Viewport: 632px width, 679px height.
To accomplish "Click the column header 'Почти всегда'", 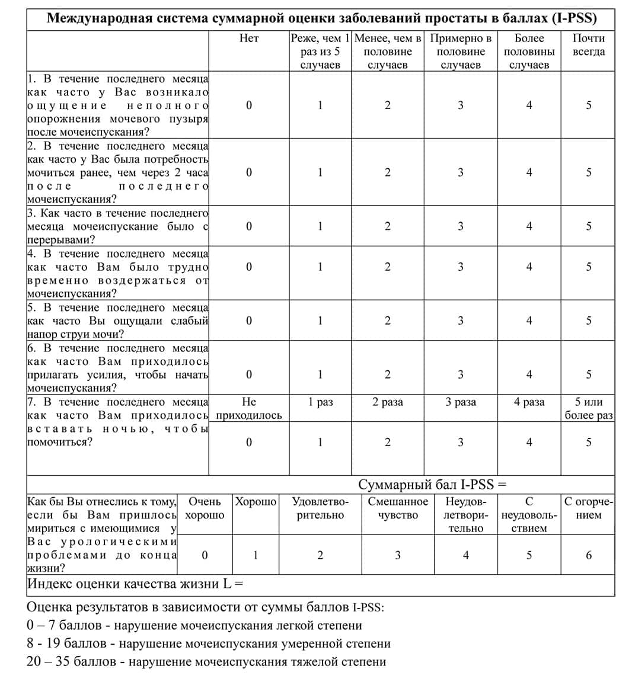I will click(588, 45).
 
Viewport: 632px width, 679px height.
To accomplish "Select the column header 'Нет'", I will click(249, 39).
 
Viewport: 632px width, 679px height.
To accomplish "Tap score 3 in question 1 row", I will click(461, 105).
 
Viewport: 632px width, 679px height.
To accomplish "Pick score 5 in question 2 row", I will click(589, 172).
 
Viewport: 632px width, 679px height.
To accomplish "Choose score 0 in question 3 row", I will click(249, 226).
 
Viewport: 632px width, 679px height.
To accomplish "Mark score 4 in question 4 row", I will click(529, 267).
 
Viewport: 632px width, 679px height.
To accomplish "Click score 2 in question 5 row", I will click(387, 321).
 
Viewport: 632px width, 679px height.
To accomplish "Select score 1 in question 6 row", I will click(320, 374).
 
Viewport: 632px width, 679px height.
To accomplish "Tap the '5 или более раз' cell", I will click(588, 409).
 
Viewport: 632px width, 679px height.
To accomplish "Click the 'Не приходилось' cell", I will click(249, 409).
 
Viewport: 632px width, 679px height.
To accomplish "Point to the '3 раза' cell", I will click(461, 402).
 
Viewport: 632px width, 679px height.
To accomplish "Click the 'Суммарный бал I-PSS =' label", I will click(432, 484).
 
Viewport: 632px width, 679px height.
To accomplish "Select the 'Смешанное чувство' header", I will click(398, 508).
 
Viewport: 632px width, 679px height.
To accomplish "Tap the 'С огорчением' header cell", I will click(588, 508).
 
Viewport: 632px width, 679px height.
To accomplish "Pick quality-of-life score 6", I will click(589, 555).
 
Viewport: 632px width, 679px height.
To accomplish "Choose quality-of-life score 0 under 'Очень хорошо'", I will click(205, 555).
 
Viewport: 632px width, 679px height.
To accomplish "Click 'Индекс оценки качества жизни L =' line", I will click(136, 584).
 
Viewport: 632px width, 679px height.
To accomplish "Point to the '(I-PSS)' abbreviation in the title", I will click(574, 18).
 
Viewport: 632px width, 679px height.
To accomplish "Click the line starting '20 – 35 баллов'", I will click(206, 661).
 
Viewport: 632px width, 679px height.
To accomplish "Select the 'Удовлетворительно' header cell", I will click(320, 508).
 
